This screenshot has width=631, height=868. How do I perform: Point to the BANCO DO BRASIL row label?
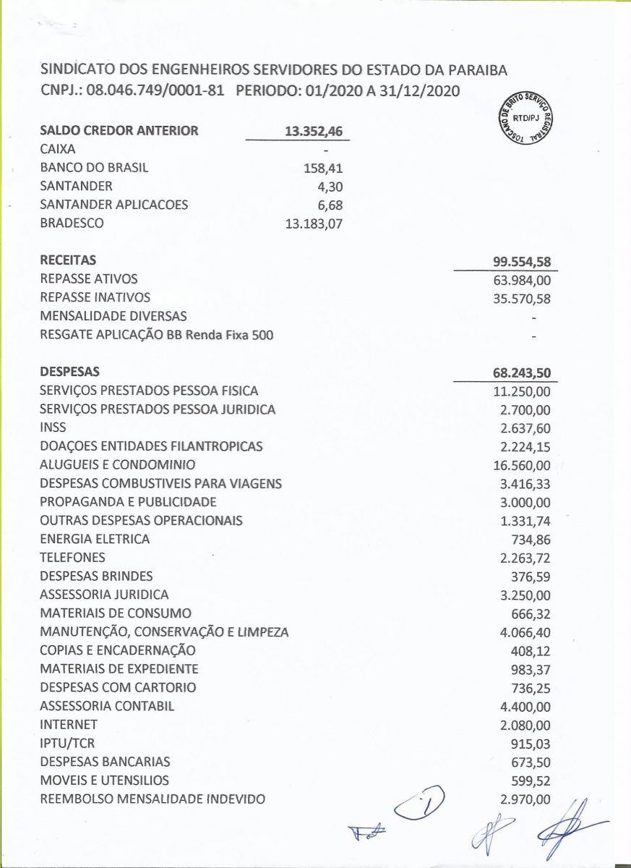click(x=94, y=168)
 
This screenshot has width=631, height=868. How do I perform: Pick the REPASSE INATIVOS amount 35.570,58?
click(x=522, y=298)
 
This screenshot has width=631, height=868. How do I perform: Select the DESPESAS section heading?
click(x=70, y=372)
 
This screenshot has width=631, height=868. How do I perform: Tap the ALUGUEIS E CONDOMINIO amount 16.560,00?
click(x=522, y=465)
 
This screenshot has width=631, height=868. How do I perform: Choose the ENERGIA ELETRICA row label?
click(x=95, y=539)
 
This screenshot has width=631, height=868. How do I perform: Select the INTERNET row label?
click(x=69, y=724)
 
